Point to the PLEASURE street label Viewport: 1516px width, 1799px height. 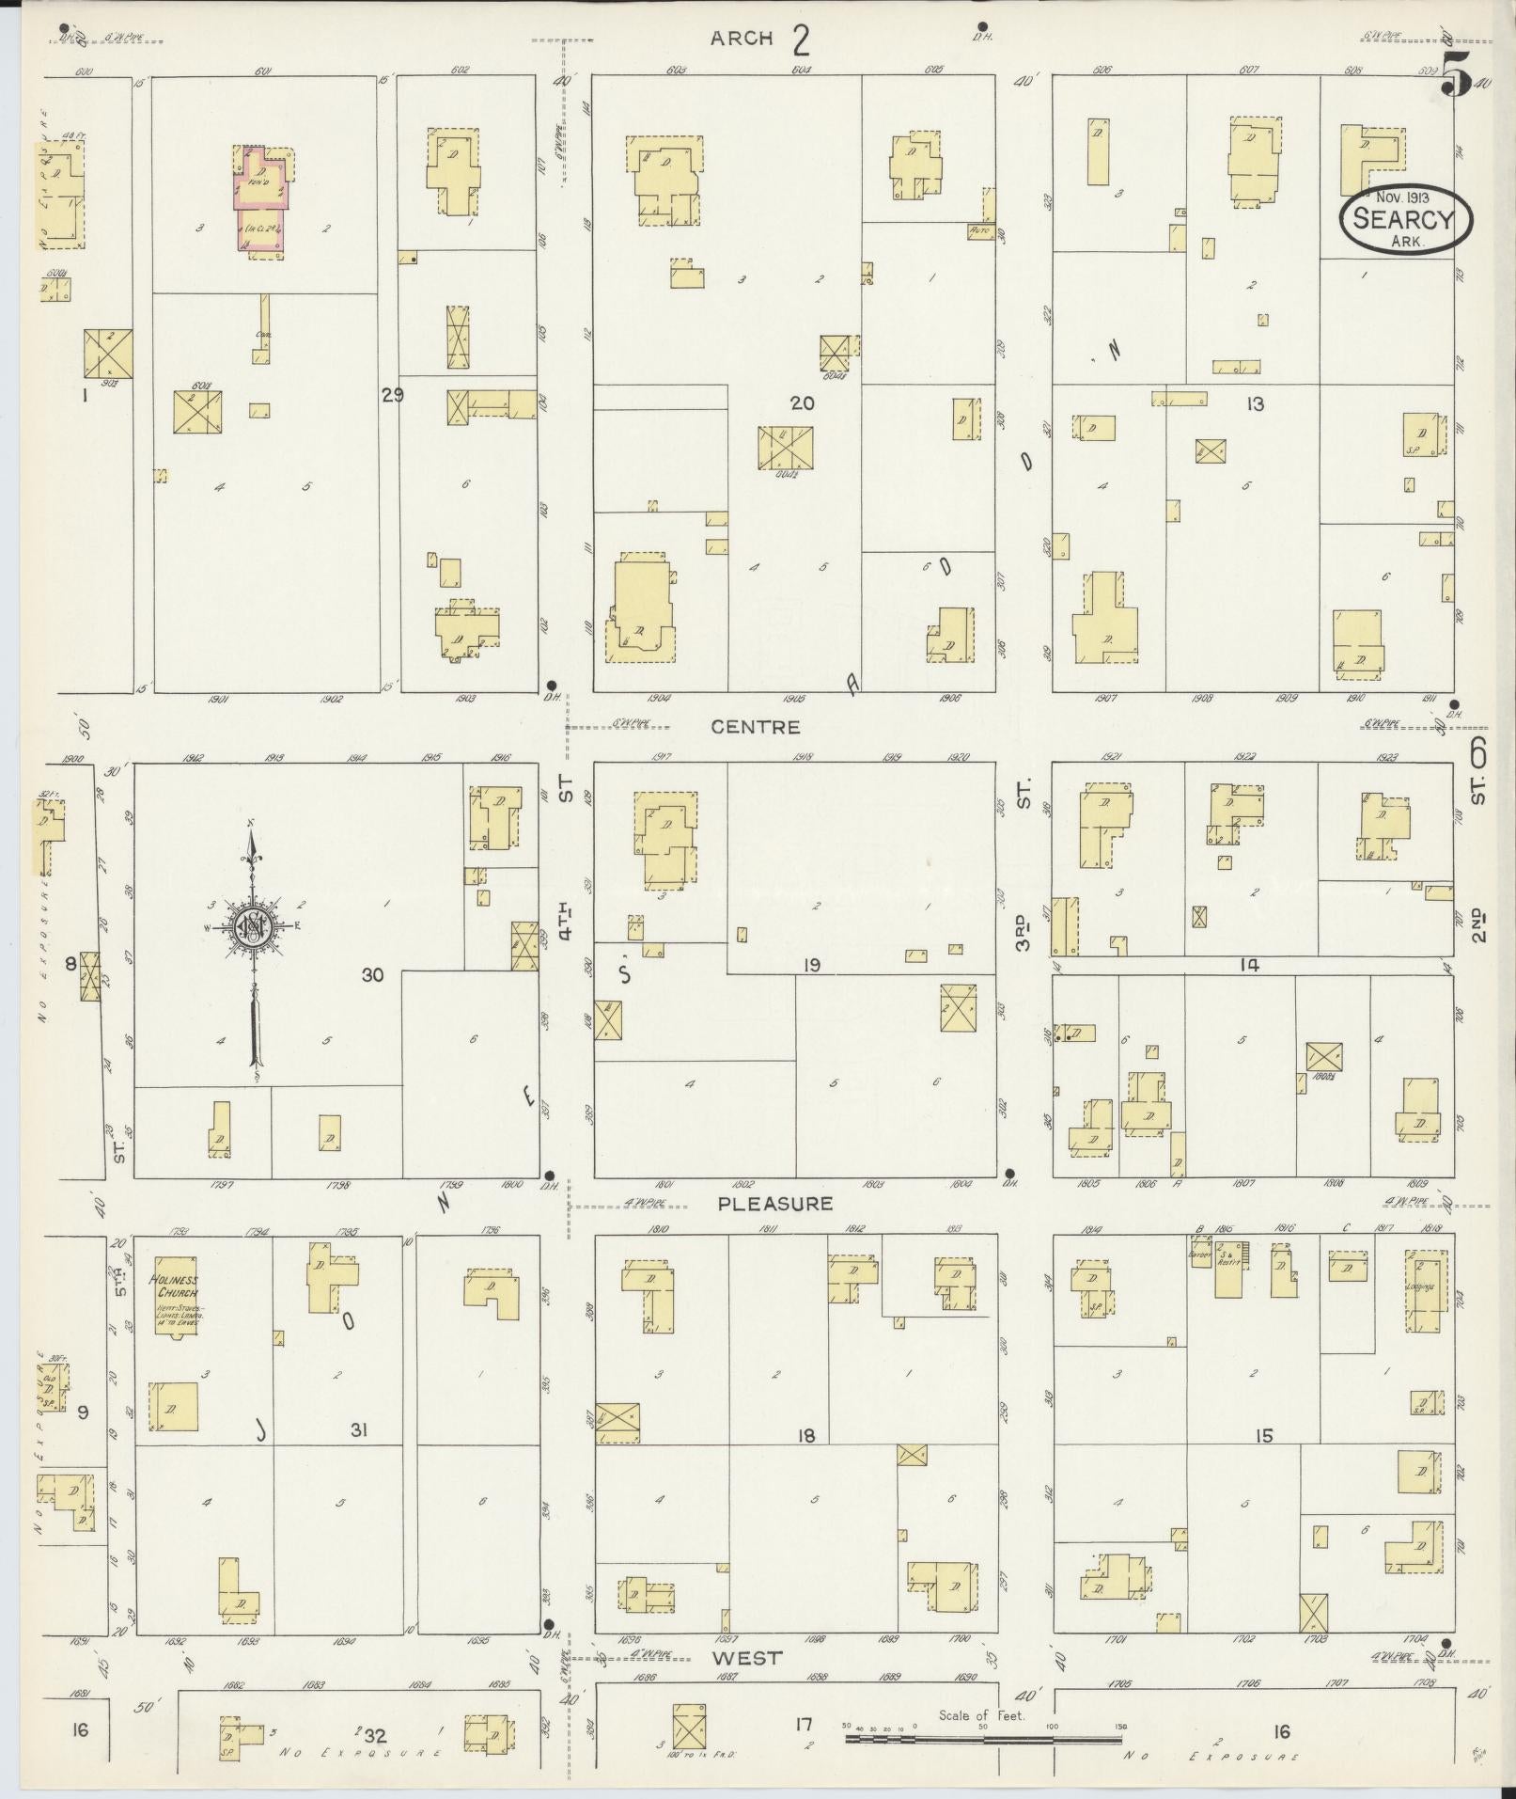pyautogui.click(x=775, y=1204)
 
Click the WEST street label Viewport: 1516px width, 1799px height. pyautogui.click(x=746, y=1659)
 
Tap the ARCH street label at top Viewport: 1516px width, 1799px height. pyautogui.click(x=742, y=39)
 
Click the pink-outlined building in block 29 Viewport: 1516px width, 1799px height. pyautogui.click(x=260, y=199)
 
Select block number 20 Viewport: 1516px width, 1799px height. pyautogui.click(x=802, y=403)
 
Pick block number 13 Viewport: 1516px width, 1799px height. pyautogui.click(x=1255, y=404)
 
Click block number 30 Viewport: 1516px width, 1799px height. pyautogui.click(x=373, y=975)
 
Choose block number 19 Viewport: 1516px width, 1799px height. pyautogui.click(x=812, y=965)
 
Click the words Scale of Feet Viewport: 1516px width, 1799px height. pyautogui.click(x=982, y=1716)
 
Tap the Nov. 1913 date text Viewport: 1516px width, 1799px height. pyautogui.click(x=1402, y=198)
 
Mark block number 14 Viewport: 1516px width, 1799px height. pyautogui.click(x=1249, y=964)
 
